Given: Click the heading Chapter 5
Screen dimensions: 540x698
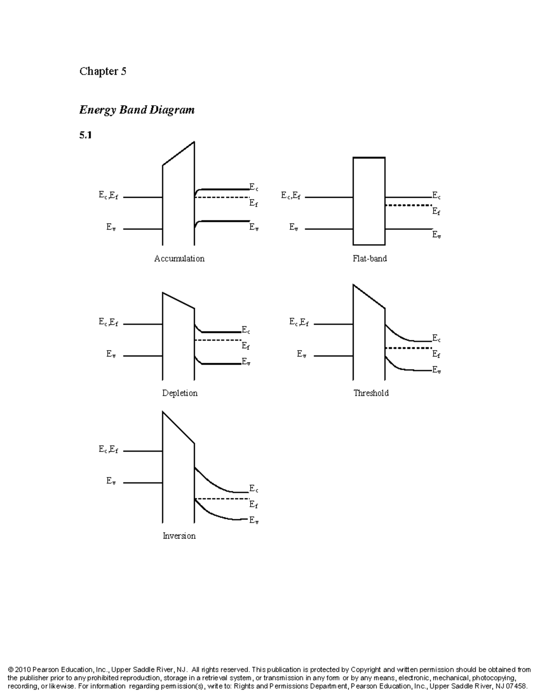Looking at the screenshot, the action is (x=103, y=71).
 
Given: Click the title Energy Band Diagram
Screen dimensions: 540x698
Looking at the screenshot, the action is (x=137, y=110).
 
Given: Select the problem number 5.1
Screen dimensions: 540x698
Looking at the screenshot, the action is (x=85, y=135).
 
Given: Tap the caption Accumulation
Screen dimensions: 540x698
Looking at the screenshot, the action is (x=179, y=258).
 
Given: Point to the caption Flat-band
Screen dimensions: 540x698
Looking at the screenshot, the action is (x=369, y=258).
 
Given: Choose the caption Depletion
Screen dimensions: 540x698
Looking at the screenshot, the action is (x=180, y=393).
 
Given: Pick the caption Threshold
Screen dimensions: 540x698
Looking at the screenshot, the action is (x=371, y=393).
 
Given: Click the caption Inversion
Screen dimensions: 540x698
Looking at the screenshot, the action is (x=179, y=536).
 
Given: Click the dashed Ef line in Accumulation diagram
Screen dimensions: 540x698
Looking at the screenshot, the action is (x=222, y=197).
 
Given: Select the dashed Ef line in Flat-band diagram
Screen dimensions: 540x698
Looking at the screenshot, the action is (x=409, y=205).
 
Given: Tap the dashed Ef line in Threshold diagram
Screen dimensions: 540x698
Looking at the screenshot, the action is (x=409, y=348).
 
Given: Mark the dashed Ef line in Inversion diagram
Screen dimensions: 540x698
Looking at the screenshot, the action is (x=222, y=498).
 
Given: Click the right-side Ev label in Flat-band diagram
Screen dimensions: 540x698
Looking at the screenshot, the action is (x=436, y=235).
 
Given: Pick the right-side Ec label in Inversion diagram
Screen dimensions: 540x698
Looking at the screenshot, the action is (x=254, y=489).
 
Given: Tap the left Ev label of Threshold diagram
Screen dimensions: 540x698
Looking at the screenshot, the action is (x=301, y=354).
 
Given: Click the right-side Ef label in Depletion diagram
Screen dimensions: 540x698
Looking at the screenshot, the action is (x=246, y=346).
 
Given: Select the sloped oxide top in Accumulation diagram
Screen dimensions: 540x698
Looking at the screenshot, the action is (x=178, y=154).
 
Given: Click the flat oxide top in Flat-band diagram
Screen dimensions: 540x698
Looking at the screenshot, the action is (x=369, y=157).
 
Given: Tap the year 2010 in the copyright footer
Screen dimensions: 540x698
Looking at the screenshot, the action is (x=23, y=670).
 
